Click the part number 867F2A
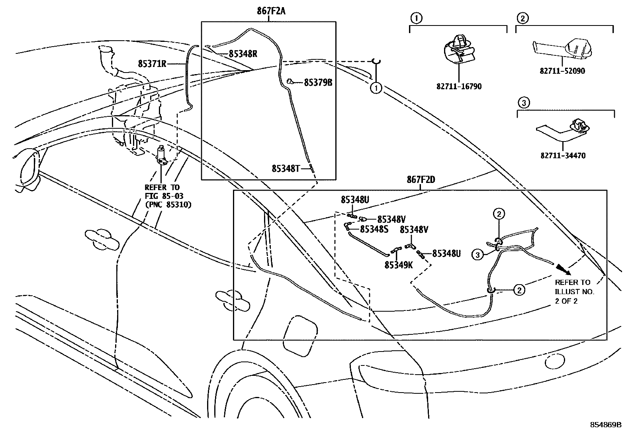point(271,11)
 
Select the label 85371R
point(152,63)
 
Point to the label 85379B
point(318,82)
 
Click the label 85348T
point(286,168)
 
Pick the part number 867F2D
point(421,180)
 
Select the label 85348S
point(374,229)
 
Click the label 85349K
point(399,264)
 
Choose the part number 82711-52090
point(562,71)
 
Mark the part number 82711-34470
point(563,155)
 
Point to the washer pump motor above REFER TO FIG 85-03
point(162,155)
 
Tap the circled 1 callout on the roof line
point(376,88)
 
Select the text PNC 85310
point(167,205)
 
